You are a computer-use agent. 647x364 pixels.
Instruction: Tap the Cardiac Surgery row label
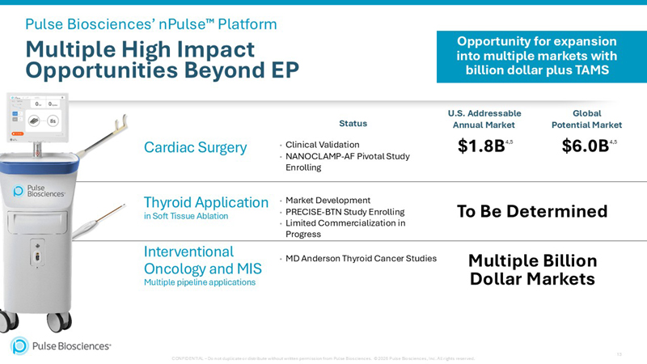click(x=195, y=146)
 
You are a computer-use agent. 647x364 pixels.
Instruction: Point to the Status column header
click(x=353, y=124)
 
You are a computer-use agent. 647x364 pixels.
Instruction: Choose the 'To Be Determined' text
click(x=531, y=211)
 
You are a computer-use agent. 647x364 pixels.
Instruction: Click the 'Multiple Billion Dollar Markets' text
click(x=532, y=270)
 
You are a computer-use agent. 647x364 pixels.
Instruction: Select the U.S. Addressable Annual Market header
click(x=484, y=119)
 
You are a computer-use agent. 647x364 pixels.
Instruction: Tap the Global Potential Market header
click(x=586, y=119)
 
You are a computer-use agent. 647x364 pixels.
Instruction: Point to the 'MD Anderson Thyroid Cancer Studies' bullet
click(x=361, y=259)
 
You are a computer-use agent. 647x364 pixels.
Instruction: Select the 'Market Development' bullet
click(x=328, y=200)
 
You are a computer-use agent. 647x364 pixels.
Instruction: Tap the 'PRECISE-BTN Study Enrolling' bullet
click(x=345, y=211)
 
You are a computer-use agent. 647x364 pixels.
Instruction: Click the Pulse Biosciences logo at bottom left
click(x=61, y=345)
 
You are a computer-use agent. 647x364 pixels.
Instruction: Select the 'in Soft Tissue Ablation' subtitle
click(x=185, y=216)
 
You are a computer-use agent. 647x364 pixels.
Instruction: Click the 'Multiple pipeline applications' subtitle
click(x=199, y=282)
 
